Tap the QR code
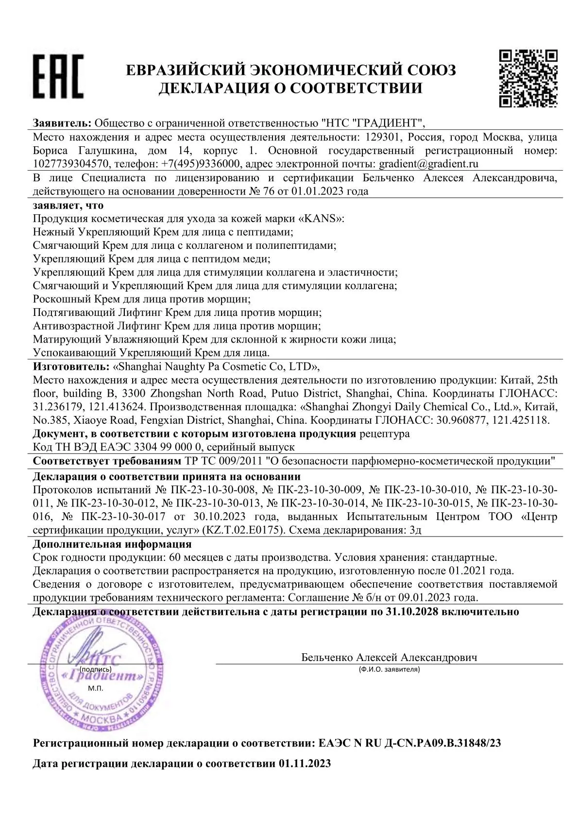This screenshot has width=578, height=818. pyautogui.click(x=528, y=78)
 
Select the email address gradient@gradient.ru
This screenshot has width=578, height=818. pyautogui.click(x=428, y=164)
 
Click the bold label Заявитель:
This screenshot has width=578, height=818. pyautogui.click(x=62, y=122)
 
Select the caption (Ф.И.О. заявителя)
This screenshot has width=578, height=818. pyautogui.click(x=389, y=670)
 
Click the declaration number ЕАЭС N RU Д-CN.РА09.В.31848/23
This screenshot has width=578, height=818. pyautogui.click(x=409, y=743)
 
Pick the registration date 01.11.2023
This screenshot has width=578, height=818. pyautogui.click(x=305, y=764)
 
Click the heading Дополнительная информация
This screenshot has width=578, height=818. pyautogui.click(x=112, y=544)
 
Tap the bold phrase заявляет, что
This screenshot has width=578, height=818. pyautogui.click(x=68, y=205)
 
